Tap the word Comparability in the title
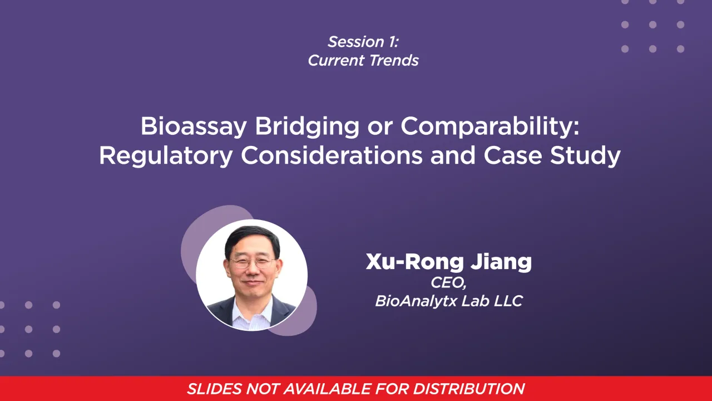point(490,127)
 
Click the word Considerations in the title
point(331,157)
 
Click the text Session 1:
point(363,42)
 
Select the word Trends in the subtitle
point(394,61)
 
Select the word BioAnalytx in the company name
point(422,301)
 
